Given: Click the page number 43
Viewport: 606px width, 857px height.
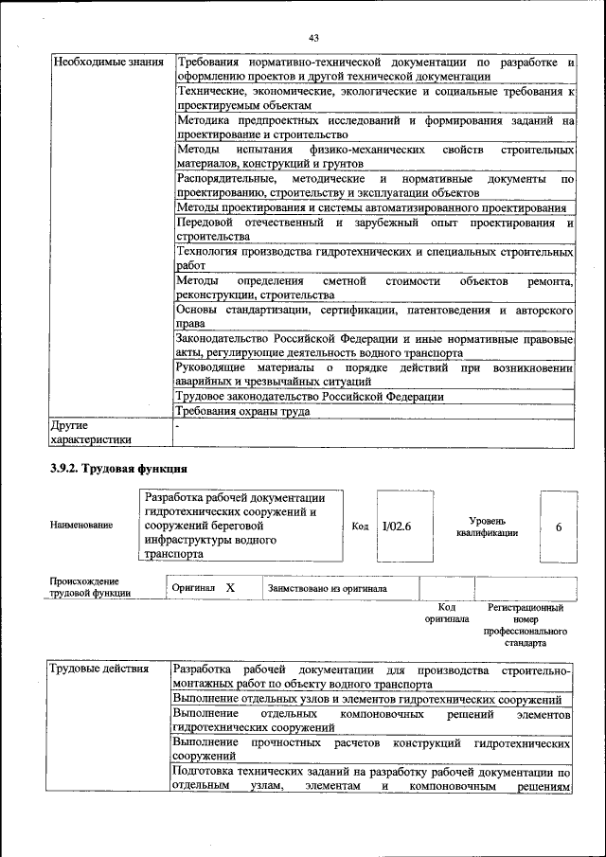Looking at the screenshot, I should [x=313, y=37].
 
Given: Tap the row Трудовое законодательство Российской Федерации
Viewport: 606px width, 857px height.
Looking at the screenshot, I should [x=310, y=397].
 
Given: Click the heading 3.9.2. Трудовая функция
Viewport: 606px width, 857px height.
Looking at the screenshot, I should [x=118, y=469].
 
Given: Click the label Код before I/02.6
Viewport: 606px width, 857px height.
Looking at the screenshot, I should [x=360, y=527].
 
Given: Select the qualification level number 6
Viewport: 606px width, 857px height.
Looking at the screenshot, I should [x=559, y=527].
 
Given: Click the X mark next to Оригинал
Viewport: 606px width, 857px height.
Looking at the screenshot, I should [x=229, y=588].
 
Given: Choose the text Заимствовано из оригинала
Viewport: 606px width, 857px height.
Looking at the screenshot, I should [x=328, y=588].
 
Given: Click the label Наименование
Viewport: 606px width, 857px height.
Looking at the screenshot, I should [x=81, y=524].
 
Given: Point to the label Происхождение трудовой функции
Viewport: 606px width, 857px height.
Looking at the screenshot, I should [x=90, y=587].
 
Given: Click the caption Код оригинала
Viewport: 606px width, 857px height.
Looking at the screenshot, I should [x=447, y=613].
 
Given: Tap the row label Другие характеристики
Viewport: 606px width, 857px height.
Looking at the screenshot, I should [x=90, y=432].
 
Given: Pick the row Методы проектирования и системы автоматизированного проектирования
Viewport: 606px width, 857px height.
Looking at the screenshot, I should [x=371, y=207].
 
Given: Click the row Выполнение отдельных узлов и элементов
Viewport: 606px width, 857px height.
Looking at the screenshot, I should [x=368, y=699].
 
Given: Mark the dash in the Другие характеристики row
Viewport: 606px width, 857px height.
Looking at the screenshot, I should [x=178, y=427].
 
